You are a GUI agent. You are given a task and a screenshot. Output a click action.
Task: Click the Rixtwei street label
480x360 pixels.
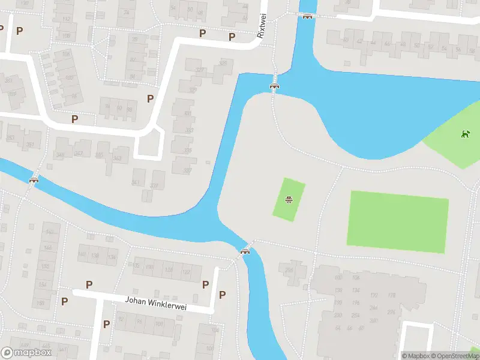tap(262, 27)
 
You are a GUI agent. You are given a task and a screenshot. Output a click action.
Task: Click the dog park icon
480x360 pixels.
tap(464, 134)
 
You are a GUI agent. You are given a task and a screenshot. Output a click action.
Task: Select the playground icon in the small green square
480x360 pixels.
tap(289, 199)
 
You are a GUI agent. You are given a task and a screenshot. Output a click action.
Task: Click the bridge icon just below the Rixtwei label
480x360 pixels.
tap(275, 86)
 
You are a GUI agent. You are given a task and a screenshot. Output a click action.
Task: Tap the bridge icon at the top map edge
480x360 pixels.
tap(307, 16)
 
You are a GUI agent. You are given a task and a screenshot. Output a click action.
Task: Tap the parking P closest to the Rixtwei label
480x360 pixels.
tap(232, 37)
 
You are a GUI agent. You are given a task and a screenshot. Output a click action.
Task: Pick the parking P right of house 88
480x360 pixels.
tap(150, 98)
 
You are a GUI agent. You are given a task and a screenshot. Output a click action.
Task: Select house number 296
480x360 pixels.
tap(289, 269)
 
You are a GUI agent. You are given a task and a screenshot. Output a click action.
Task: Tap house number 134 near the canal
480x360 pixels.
tap(112, 257)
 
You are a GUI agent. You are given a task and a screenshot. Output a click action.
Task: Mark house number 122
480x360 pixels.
tap(187, 272)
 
